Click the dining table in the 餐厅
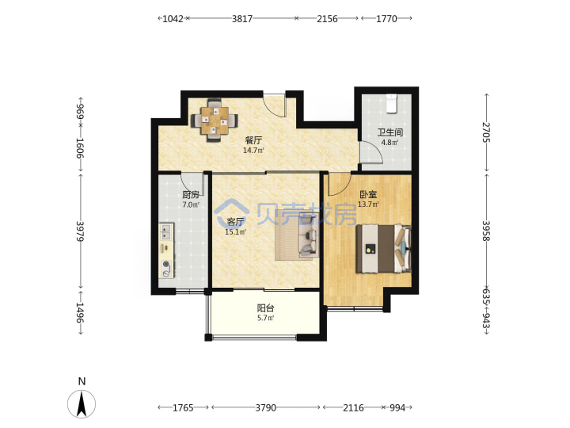(x=215, y=120)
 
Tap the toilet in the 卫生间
(x=391, y=104)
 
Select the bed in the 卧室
(x=383, y=249)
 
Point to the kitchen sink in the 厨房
(x=165, y=231)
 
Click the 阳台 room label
(x=265, y=308)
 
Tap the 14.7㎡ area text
(x=253, y=150)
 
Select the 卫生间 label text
(x=389, y=132)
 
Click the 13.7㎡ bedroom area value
(x=368, y=204)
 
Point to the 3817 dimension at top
(x=242, y=18)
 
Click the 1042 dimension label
(x=173, y=18)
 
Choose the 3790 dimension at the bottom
(x=266, y=407)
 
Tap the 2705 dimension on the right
(x=486, y=132)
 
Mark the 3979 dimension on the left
(x=80, y=231)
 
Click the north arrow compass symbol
(x=82, y=403)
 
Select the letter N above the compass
(x=82, y=381)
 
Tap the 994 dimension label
(x=397, y=407)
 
